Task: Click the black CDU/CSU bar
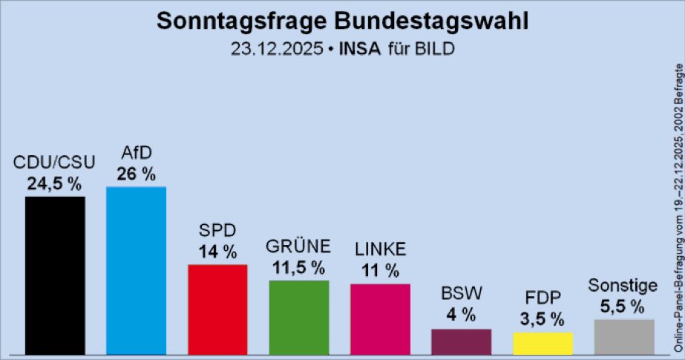point(55,275)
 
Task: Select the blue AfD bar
point(136,270)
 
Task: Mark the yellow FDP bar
point(543,342)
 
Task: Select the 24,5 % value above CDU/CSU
point(55,184)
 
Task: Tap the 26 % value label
point(136,174)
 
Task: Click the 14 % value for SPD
point(217,252)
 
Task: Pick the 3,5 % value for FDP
point(543,319)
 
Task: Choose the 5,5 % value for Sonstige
point(624,307)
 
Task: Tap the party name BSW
point(461,294)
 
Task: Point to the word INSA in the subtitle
point(359,49)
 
